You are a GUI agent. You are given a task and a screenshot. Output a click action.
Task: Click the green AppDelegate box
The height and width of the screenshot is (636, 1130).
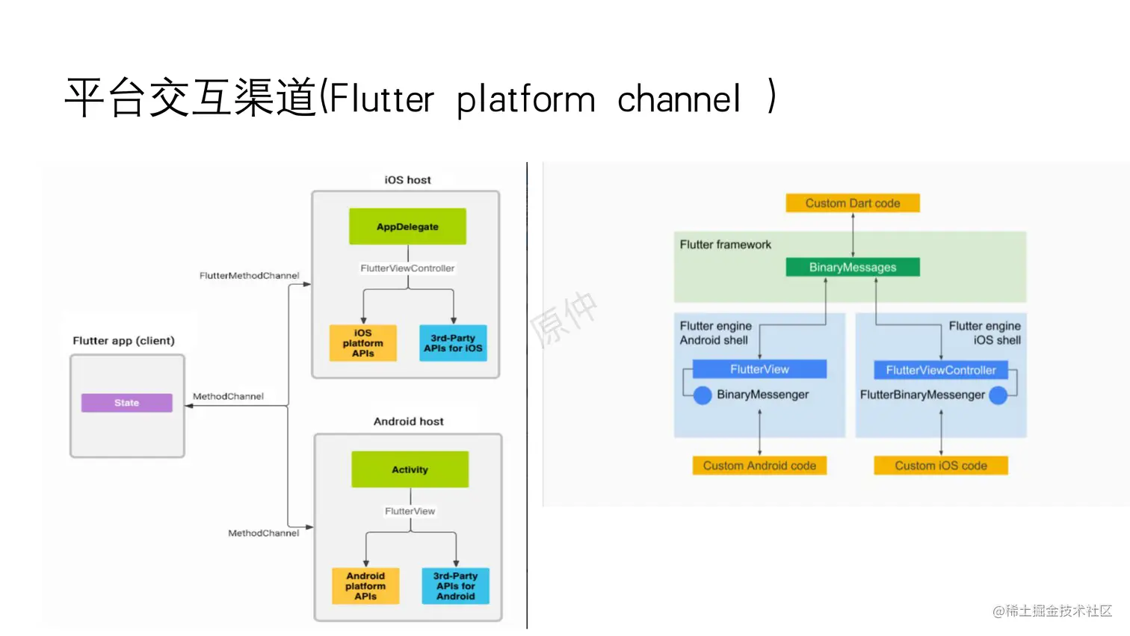coord(407,226)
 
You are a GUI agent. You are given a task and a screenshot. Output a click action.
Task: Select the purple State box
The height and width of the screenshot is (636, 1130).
coord(126,403)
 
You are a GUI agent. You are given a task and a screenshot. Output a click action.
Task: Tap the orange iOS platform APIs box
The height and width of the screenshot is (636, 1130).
coord(362,343)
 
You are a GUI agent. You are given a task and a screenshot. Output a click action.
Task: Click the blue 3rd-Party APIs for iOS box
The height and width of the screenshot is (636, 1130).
coord(453,343)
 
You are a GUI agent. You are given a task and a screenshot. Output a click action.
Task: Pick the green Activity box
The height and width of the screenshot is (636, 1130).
coord(410,469)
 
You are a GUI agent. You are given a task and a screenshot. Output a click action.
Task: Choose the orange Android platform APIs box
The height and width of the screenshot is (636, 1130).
coord(365,586)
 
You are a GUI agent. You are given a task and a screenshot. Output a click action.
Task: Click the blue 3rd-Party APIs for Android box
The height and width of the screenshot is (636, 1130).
coord(455,586)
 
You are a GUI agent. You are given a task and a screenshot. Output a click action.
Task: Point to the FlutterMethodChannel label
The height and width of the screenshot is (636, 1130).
coord(249,276)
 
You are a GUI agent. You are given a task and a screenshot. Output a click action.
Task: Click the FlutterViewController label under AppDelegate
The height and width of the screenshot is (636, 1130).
coord(407,268)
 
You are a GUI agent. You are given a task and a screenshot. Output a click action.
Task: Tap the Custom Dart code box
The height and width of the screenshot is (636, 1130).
coord(852,203)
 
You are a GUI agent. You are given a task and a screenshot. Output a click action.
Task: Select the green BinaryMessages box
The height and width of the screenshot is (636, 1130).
coord(852,268)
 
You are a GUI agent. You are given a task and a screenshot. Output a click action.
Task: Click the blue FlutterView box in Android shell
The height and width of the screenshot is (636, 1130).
coord(759,369)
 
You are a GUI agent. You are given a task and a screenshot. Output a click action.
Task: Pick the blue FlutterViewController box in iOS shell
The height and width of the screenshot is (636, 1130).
coord(941,370)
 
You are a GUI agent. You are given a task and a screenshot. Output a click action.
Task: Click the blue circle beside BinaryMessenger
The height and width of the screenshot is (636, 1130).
coord(703,395)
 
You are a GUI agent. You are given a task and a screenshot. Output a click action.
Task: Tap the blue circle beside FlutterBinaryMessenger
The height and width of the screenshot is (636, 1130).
coord(998,395)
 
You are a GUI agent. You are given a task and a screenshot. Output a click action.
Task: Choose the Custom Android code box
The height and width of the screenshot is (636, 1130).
coord(759,466)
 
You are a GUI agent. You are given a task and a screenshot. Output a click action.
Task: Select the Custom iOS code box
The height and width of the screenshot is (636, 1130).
coord(941,466)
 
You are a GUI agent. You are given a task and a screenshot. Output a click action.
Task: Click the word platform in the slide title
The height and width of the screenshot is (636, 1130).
coord(525,99)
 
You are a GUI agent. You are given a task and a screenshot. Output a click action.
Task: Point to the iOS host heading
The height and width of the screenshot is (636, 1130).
coord(407,180)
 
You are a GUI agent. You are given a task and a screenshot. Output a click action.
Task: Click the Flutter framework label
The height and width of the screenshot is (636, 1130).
coord(725,244)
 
